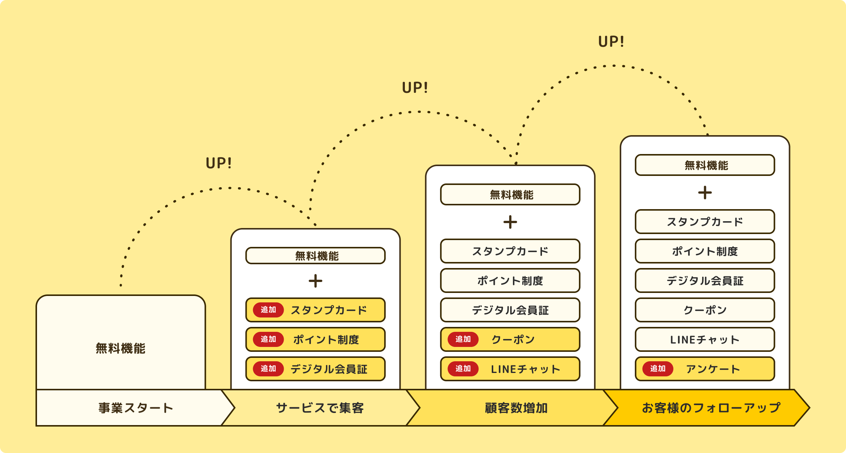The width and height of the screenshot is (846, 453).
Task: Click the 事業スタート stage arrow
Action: [135, 408]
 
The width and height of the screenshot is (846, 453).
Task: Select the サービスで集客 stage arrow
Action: [320, 408]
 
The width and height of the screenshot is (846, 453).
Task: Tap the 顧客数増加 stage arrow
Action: [516, 408]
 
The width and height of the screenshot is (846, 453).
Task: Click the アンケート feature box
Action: [705, 369]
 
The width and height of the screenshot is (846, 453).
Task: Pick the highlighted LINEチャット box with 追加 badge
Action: [510, 369]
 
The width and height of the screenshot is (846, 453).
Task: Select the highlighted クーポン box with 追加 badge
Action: [510, 339]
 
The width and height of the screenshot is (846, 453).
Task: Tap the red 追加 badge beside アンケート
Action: [658, 369]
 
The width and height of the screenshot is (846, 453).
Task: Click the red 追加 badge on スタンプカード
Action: [268, 310]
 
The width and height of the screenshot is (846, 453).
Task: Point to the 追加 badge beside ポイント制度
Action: [268, 339]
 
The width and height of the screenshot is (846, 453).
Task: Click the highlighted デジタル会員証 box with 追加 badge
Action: [315, 369]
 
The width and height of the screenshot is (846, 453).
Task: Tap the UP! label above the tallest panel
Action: [611, 42]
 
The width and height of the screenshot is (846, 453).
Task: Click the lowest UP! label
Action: [219, 163]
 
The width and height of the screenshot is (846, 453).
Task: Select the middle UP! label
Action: [415, 88]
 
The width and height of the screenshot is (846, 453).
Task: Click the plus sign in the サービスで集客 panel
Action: [315, 281]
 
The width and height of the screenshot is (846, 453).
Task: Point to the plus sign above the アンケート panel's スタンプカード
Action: [705, 193]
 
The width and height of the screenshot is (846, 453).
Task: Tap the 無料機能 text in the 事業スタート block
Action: [120, 348]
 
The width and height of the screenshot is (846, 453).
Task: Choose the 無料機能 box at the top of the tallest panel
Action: [705, 165]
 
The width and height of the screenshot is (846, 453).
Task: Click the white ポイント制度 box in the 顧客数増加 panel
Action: [510, 280]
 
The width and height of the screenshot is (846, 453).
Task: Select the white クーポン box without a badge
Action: [705, 310]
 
